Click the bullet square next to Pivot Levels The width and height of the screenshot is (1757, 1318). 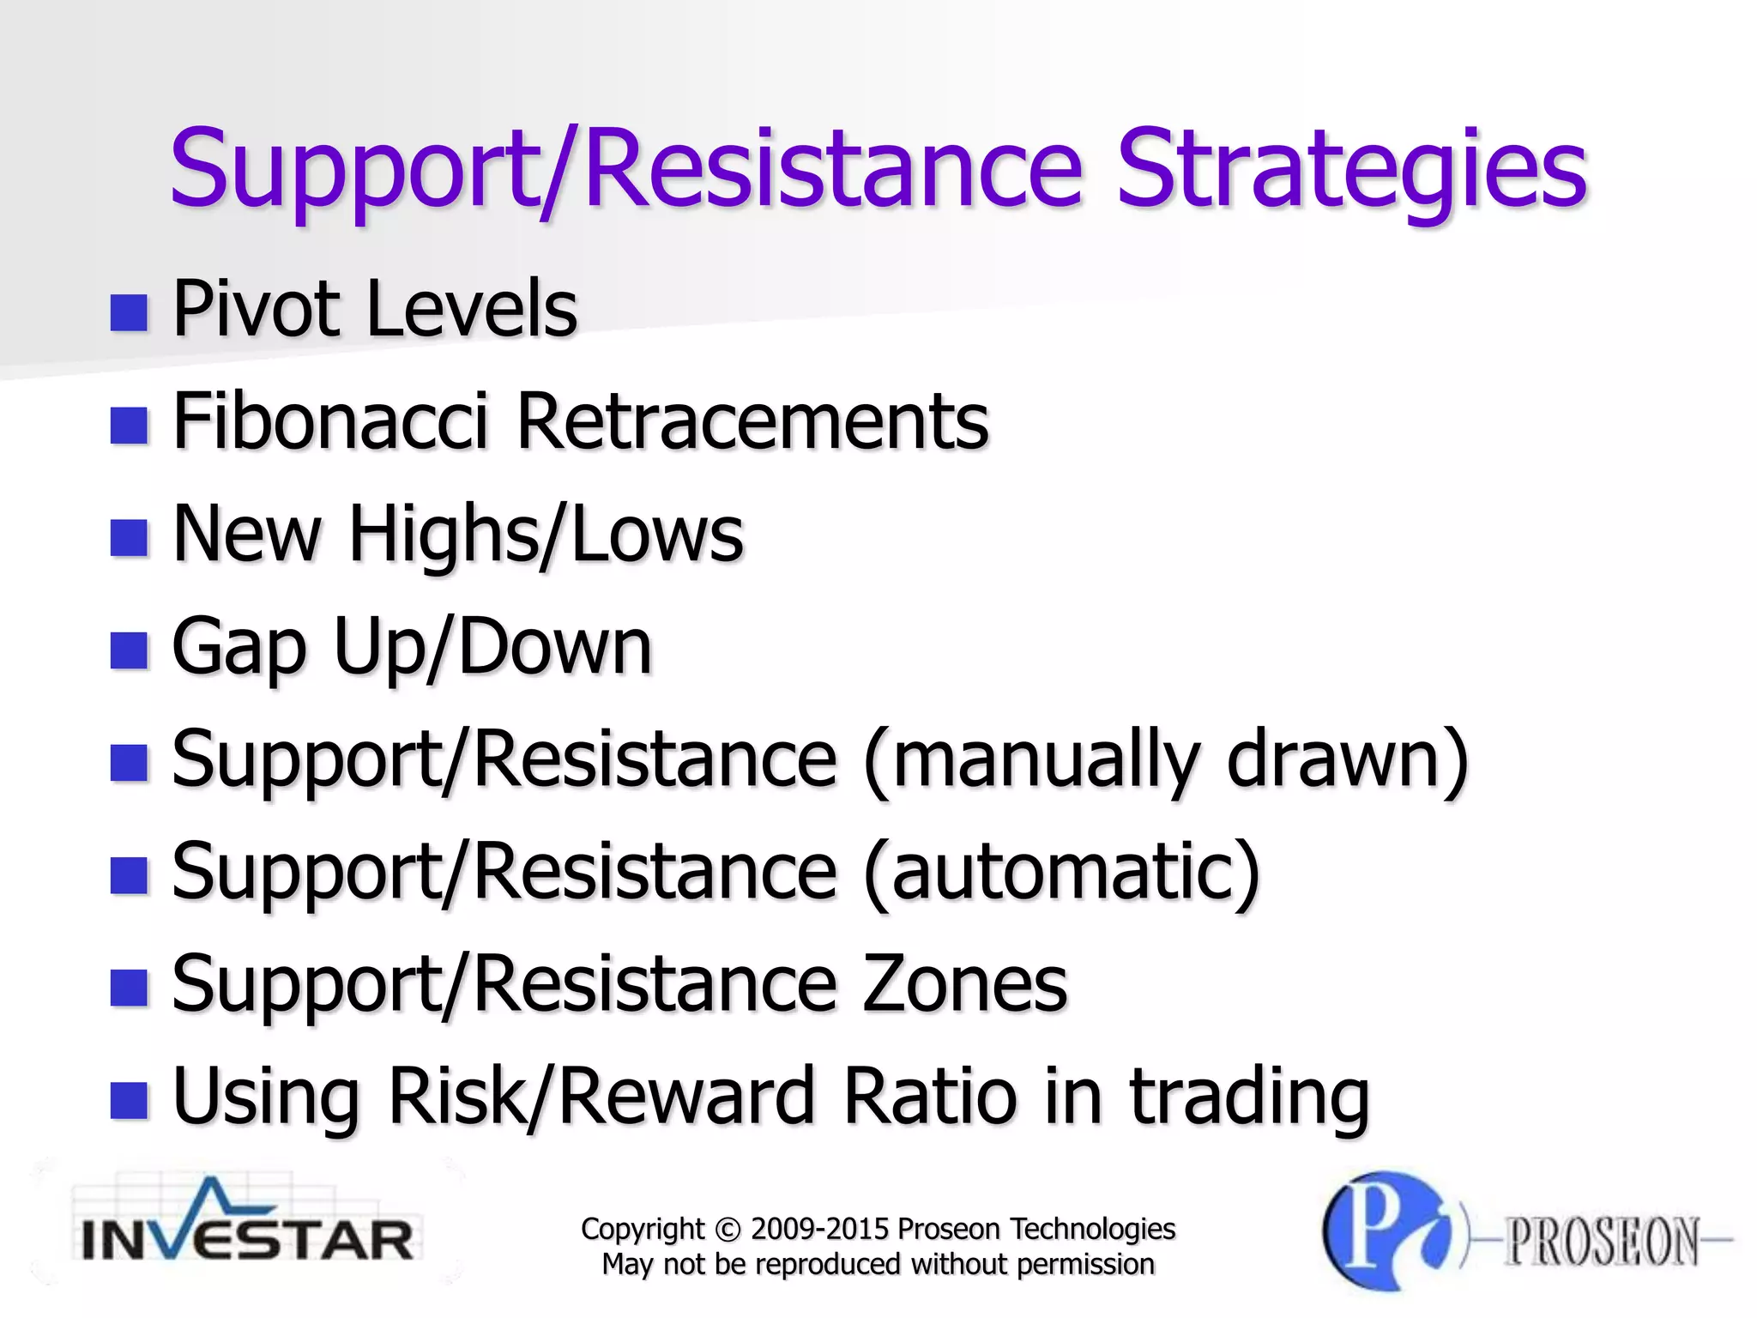[130, 312]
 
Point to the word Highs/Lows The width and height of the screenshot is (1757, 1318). [546, 534]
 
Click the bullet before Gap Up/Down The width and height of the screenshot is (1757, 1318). [130, 650]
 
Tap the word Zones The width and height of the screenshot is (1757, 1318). [964, 984]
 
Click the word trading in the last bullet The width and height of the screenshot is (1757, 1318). [1249, 1098]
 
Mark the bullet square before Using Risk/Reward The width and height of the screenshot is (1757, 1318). [130, 1101]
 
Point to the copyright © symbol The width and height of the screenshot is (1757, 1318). [727, 1230]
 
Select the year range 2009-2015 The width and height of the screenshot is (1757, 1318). [819, 1230]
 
